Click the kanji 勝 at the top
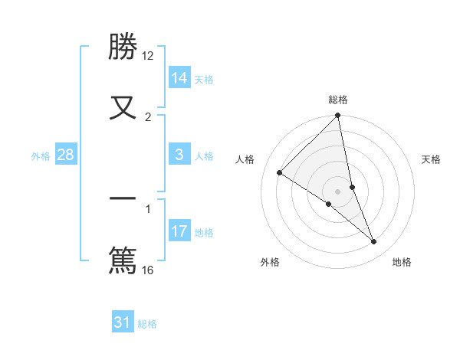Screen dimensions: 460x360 click(x=123, y=47)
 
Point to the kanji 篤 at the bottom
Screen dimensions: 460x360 click(x=123, y=259)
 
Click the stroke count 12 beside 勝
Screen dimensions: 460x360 click(x=148, y=56)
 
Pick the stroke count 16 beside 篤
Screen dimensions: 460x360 click(x=148, y=270)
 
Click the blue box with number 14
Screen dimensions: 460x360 click(x=179, y=78)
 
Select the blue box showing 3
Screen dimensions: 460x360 click(x=179, y=155)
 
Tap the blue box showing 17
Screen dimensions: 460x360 click(x=179, y=231)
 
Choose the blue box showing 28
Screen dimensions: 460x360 click(x=66, y=155)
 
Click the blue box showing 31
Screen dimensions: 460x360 click(x=123, y=322)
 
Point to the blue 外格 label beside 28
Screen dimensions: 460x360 click(x=41, y=156)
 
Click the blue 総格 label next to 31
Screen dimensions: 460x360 click(x=147, y=324)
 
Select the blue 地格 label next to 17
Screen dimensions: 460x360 click(x=204, y=233)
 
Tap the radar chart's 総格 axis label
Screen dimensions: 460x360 click(x=338, y=100)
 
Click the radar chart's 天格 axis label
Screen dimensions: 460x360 click(x=431, y=159)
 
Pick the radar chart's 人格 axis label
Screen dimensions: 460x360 click(x=245, y=159)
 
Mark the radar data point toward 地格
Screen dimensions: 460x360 click(x=374, y=242)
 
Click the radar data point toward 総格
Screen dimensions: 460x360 click(x=338, y=116)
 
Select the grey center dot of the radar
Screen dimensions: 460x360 click(x=338, y=191)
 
